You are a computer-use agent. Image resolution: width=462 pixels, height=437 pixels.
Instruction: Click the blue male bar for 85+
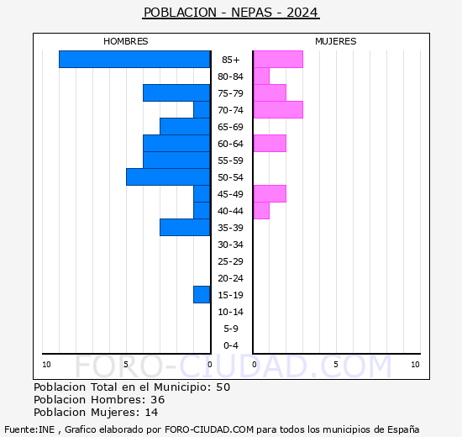(134, 59)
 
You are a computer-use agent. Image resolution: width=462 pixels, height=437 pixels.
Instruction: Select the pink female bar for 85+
(278, 59)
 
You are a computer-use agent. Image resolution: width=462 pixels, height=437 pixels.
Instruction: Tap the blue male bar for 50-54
(168, 176)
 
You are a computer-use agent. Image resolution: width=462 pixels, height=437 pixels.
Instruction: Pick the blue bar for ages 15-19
(202, 294)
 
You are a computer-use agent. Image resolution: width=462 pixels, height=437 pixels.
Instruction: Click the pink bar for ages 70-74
(278, 109)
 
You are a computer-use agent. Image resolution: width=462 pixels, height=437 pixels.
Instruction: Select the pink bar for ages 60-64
(270, 143)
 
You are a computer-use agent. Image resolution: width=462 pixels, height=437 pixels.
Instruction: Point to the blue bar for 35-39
(185, 227)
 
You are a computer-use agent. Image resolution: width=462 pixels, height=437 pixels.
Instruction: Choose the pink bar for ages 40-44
(261, 210)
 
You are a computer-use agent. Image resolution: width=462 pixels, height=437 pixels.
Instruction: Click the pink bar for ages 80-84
(261, 76)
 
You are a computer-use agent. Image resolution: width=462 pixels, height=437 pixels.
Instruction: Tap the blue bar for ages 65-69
(185, 126)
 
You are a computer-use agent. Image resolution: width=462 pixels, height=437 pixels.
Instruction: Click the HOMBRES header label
(126, 41)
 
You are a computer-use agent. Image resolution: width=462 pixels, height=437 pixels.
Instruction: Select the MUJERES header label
(336, 41)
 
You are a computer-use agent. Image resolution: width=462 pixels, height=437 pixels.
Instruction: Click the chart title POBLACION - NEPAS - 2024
(231, 13)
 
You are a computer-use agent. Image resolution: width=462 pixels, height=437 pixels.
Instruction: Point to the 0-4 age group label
(231, 345)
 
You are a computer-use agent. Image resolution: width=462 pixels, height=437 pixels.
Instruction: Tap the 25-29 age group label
(231, 261)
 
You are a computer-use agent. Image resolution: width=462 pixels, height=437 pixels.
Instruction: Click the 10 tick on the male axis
(47, 364)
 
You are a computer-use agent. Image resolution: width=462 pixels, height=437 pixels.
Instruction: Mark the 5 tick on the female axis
(336, 364)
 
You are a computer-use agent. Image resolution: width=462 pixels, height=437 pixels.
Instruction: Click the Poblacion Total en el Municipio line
(132, 387)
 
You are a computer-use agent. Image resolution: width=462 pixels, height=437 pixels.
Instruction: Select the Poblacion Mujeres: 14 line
(96, 412)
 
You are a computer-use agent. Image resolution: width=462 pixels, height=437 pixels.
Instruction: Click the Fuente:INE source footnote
(231, 429)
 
